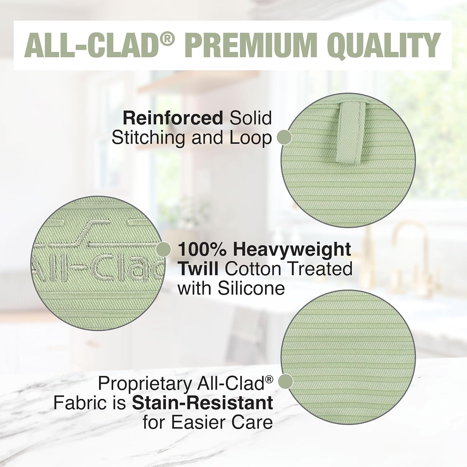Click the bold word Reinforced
[173, 118]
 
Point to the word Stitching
[149, 139]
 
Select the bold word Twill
[198, 269]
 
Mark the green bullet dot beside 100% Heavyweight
[163, 250]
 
